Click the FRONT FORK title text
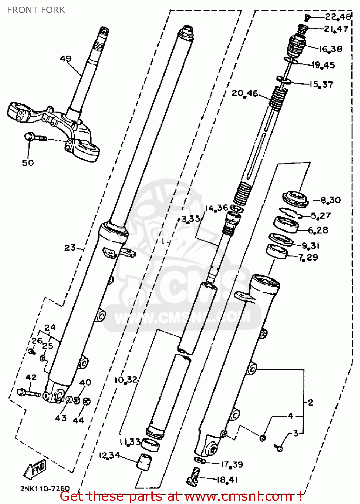[36, 10]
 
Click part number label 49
[65, 59]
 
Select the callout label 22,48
[338, 17]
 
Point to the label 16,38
[331, 49]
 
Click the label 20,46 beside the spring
[244, 93]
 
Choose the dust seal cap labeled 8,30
[296, 199]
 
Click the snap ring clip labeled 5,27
[291, 212]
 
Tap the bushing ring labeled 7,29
[277, 252]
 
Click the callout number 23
[70, 248]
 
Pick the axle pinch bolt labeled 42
[28, 392]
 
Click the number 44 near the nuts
[78, 420]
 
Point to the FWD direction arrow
[35, 469]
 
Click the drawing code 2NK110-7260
[45, 488]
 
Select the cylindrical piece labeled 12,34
[144, 462]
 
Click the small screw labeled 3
[279, 448]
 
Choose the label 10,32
[126, 380]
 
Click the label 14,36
[216, 208]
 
